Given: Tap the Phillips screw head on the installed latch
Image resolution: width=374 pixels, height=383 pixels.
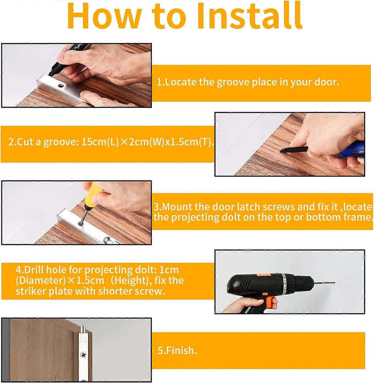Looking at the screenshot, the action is [83, 355].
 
